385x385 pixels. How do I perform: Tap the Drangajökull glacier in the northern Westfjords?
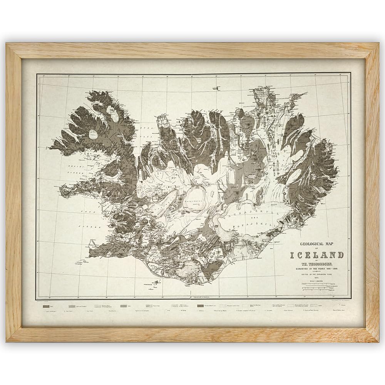click(x=114, y=112)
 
